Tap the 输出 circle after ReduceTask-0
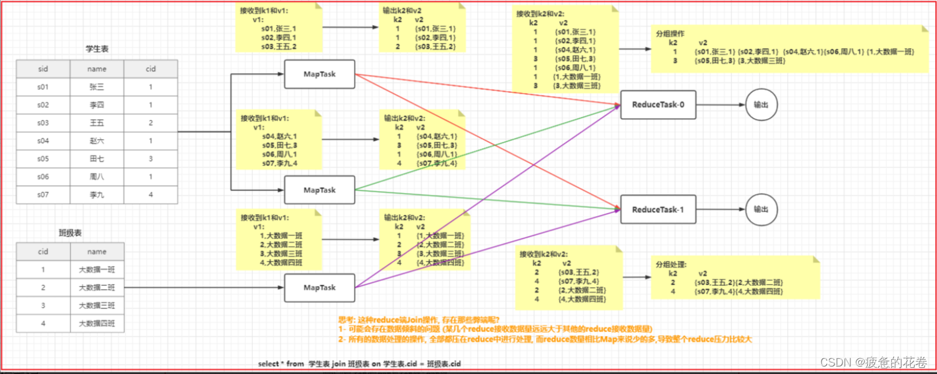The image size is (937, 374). [761, 105]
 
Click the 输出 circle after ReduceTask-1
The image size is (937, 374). [761, 209]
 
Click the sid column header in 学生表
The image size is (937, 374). [43, 69]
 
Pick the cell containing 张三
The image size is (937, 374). [97, 87]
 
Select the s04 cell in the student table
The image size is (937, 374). [43, 141]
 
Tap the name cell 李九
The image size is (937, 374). [97, 195]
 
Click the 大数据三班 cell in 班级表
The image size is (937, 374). [97, 306]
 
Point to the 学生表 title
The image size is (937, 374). [97, 49]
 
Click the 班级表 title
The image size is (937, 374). [70, 233]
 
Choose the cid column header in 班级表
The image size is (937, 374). [43, 252]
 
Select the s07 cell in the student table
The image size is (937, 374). [43, 195]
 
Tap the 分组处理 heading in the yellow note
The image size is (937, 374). [669, 264]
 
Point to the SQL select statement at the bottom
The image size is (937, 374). [360, 364]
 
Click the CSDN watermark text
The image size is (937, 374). [872, 362]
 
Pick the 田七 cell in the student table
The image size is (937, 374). [97, 159]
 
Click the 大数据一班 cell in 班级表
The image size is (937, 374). [97, 270]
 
